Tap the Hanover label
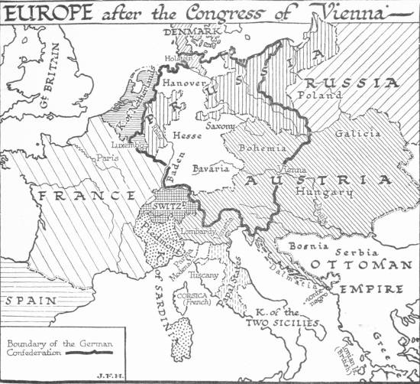click(x=181, y=80)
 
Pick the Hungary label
click(x=328, y=193)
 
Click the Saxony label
click(x=221, y=126)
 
